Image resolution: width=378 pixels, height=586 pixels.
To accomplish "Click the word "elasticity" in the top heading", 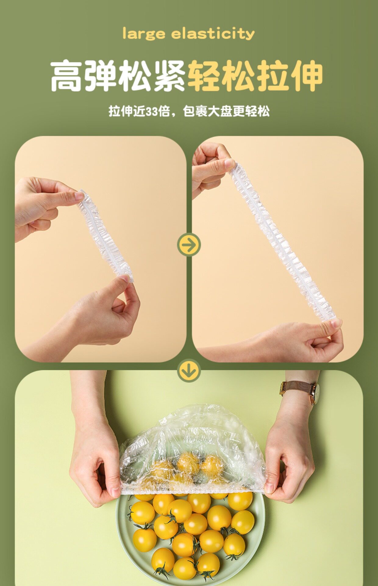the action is pyautogui.click(x=213, y=33).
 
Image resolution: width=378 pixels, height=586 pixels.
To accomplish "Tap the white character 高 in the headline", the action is pyautogui.click(x=67, y=76).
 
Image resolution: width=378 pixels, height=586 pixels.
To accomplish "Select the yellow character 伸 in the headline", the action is pyautogui.click(x=306, y=76).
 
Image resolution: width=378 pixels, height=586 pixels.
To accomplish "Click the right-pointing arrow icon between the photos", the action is pyautogui.click(x=189, y=244).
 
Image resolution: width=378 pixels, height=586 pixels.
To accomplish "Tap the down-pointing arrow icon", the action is pyautogui.click(x=189, y=371).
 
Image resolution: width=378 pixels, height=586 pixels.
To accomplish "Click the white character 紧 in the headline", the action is pyautogui.click(x=169, y=76).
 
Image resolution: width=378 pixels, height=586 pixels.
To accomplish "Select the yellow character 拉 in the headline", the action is pyautogui.click(x=272, y=76).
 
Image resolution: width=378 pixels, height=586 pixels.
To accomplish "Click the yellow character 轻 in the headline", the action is pyautogui.click(x=204, y=76).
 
